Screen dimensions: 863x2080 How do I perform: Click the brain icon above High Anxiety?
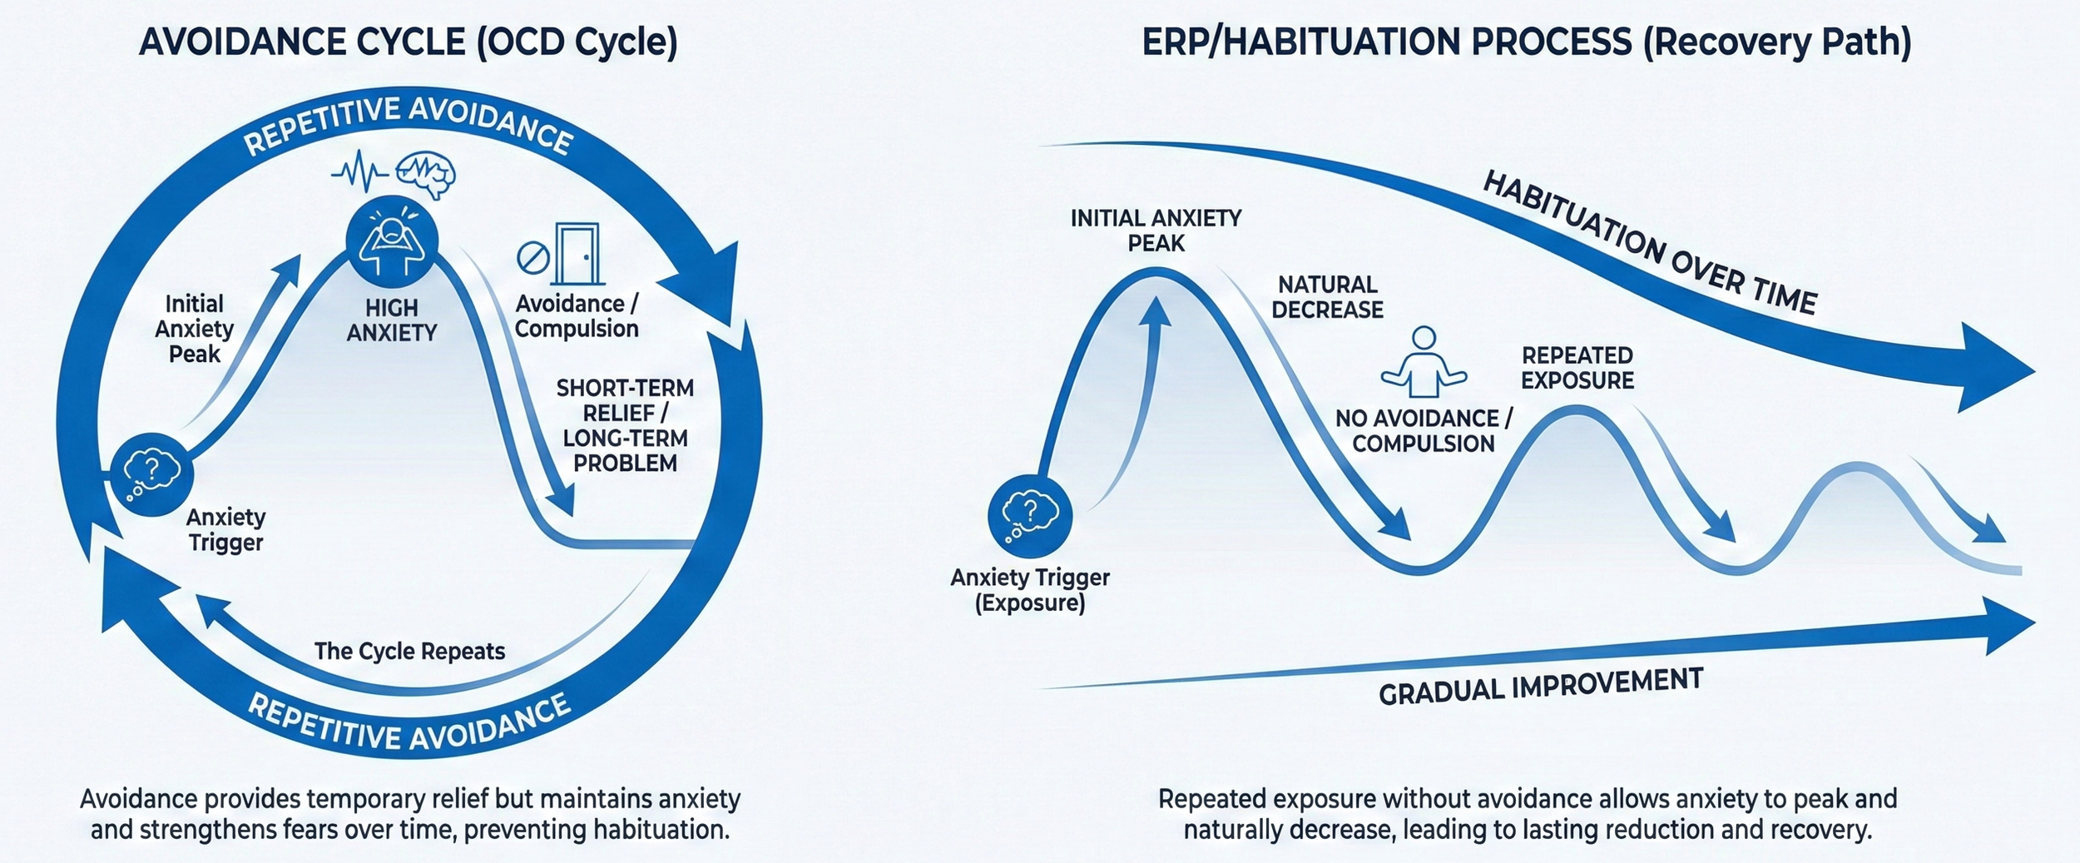coord(425,174)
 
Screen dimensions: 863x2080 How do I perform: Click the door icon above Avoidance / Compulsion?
coord(577,254)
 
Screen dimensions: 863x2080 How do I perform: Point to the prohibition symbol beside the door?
coord(532,258)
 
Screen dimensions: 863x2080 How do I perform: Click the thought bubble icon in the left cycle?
coord(152,474)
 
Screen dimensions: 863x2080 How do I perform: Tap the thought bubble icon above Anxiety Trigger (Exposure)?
coord(1030,516)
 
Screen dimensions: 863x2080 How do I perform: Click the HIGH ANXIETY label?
coord(392,320)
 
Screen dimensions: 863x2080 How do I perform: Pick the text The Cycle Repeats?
coord(409,651)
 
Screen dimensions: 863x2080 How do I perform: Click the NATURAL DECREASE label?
coord(1327,297)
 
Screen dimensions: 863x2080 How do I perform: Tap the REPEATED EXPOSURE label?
coord(1577,368)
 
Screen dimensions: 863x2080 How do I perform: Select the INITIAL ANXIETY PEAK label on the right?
coord(1156,231)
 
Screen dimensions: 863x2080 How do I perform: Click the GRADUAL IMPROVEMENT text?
coord(1541,687)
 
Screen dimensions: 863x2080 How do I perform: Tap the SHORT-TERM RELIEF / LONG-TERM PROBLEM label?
coord(625,425)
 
